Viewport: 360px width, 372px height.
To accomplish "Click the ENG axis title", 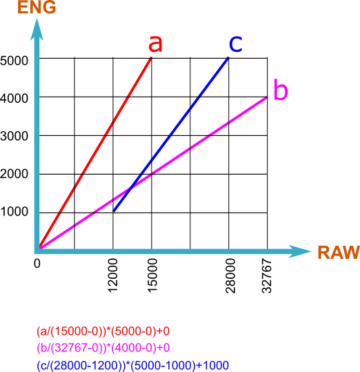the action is click(x=37, y=7).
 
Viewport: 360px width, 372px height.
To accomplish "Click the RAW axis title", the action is click(x=339, y=252).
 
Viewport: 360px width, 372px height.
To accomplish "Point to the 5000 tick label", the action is click(x=14, y=61).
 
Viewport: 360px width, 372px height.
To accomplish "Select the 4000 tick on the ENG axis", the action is click(x=14, y=98).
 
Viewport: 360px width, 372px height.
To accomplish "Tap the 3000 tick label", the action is click(x=14, y=136).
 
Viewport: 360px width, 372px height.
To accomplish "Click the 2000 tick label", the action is click(x=14, y=174).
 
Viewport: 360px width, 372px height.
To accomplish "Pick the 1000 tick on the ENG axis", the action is click(x=14, y=211).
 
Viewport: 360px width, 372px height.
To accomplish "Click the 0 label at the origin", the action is click(x=37, y=264).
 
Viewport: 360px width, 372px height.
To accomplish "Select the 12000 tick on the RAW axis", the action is click(x=113, y=275).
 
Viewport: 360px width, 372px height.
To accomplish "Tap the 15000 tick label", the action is click(x=152, y=275).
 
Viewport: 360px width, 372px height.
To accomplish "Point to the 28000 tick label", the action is click(x=230, y=275).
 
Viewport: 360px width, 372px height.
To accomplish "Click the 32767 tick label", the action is click(x=267, y=275).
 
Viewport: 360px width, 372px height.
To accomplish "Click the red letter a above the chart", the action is click(x=155, y=43).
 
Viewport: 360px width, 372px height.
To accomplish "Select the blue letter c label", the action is click(x=236, y=43).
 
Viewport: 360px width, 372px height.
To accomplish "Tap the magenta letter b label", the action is click(x=281, y=90).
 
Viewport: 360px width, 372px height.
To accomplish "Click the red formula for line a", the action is click(x=103, y=331).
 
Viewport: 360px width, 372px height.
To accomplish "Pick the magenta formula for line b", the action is click(x=103, y=348).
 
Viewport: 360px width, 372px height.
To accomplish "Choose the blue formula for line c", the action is click(x=132, y=365).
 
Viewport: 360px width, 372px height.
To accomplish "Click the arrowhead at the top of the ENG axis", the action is click(x=37, y=30).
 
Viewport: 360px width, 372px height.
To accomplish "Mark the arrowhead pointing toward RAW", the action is click(x=300, y=251).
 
